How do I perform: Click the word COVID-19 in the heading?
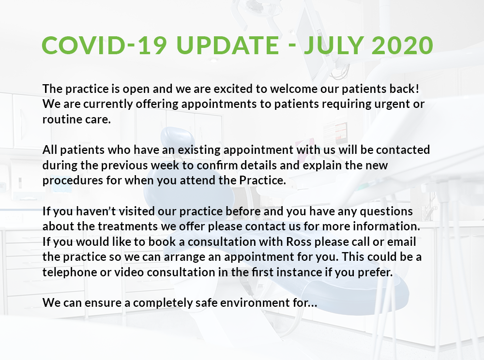click(105, 45)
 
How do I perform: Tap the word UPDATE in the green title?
click(228, 45)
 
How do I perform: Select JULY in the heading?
click(333, 45)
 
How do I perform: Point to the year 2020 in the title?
click(402, 45)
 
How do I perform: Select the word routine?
click(58, 120)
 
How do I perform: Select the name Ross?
click(299, 241)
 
